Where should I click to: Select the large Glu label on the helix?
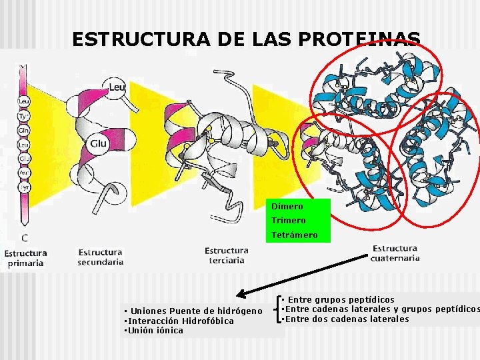click(x=99, y=143)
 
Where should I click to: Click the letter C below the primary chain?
click(x=24, y=237)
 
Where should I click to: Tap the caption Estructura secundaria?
click(x=101, y=257)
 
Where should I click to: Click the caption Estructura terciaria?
click(x=226, y=255)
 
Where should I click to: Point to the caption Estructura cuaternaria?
click(x=395, y=253)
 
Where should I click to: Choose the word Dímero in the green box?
click(x=287, y=207)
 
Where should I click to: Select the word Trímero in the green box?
click(x=289, y=221)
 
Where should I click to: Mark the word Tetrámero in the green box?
click(x=294, y=235)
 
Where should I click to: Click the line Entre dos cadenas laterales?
click(x=347, y=319)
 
